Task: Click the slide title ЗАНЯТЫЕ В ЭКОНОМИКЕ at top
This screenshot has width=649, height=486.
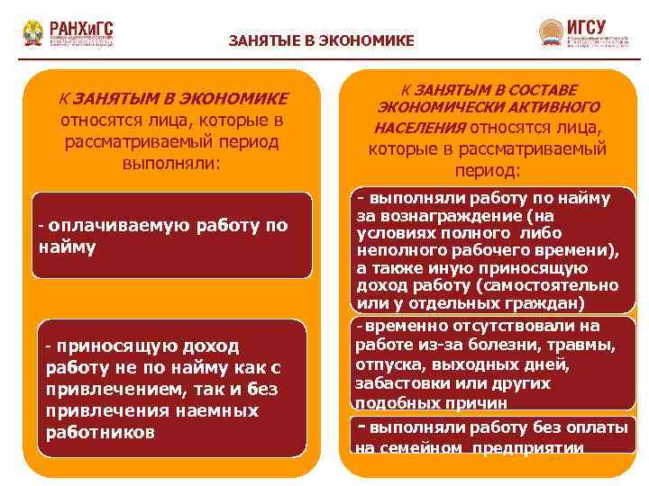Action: pyautogui.click(x=322, y=40)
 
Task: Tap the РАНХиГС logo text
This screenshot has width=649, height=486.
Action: pyautogui.click(x=82, y=27)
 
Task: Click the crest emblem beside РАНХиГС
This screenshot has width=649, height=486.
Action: pyautogui.click(x=33, y=33)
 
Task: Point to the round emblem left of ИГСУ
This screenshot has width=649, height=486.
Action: pyautogui.click(x=550, y=32)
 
